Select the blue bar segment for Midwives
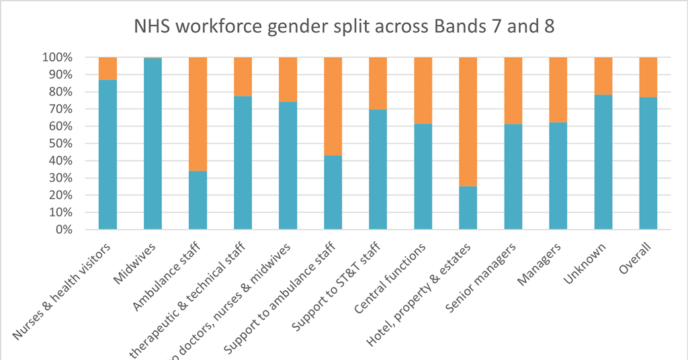(x=153, y=144)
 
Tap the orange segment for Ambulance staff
(x=198, y=114)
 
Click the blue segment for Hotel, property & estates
(x=468, y=208)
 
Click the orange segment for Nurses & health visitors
(x=108, y=69)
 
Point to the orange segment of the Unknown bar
(x=603, y=76)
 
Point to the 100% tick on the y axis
(x=69, y=58)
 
